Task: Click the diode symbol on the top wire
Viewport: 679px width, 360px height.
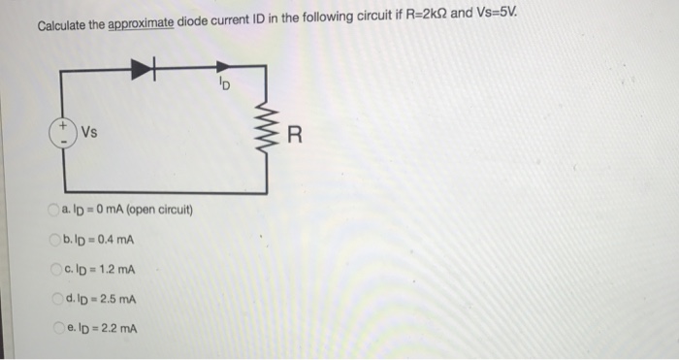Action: [145, 67]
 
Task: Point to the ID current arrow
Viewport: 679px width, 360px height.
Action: [219, 67]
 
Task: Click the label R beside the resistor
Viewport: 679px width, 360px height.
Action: [297, 134]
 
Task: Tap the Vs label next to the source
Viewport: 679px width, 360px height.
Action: [90, 133]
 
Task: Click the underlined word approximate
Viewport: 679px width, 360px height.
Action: [135, 23]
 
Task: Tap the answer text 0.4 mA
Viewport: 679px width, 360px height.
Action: [114, 240]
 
